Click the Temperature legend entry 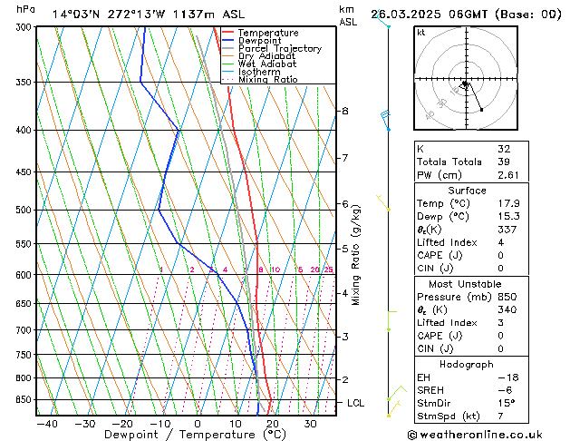pyautogui.click(x=268, y=33)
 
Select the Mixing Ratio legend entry pyautogui.click(x=267, y=80)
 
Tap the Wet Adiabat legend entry pyautogui.click(x=266, y=64)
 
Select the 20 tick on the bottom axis pyautogui.click(x=272, y=424)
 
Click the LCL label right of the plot pyautogui.click(x=356, y=402)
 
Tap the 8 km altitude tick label pyautogui.click(x=345, y=111)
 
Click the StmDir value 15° pyautogui.click(x=504, y=403)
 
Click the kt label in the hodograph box pyautogui.click(x=421, y=33)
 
